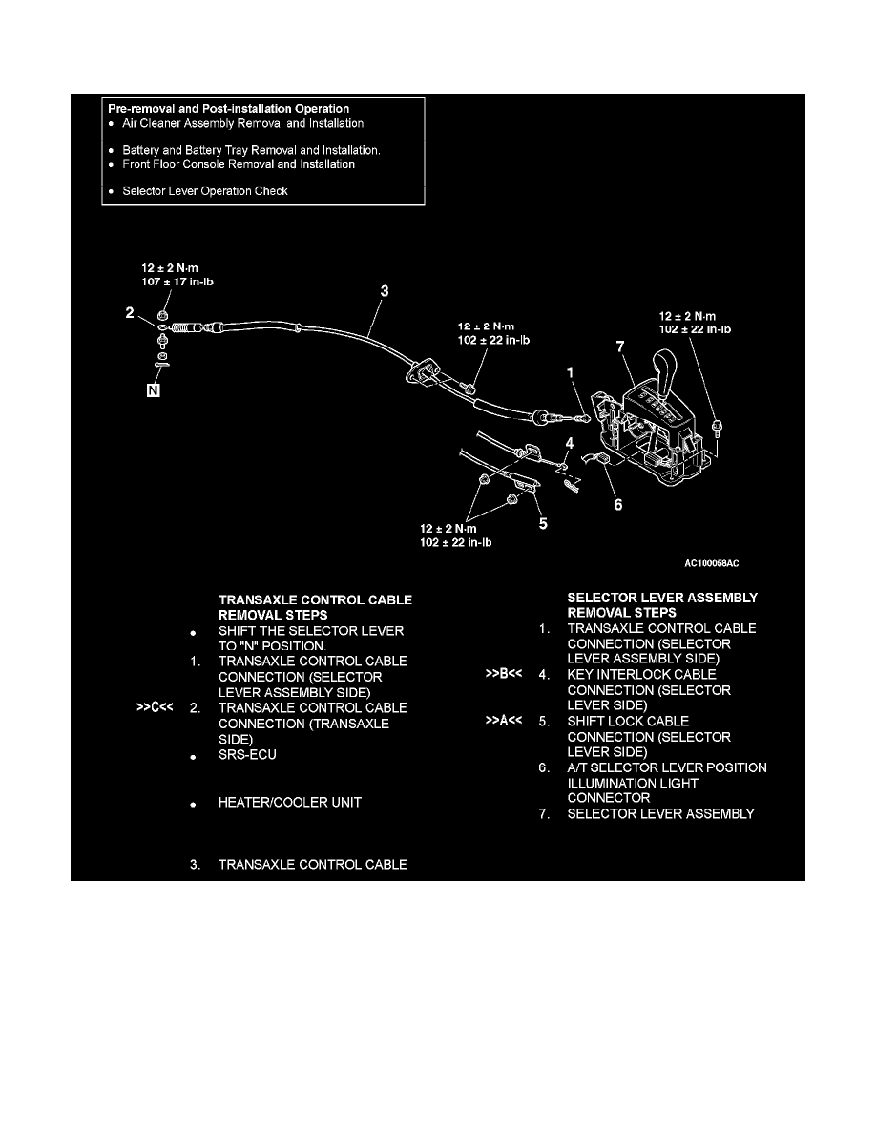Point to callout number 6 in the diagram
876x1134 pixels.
pos(618,504)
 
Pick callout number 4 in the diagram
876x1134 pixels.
pos(570,443)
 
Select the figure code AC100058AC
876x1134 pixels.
pos(711,563)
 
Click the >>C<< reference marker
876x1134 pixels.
pos(153,708)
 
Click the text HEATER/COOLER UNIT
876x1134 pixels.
pos(290,803)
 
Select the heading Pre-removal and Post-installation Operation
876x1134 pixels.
pos(228,109)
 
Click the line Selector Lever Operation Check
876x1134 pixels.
pos(205,191)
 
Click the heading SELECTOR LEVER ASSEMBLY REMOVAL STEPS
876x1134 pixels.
pos(662,605)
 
